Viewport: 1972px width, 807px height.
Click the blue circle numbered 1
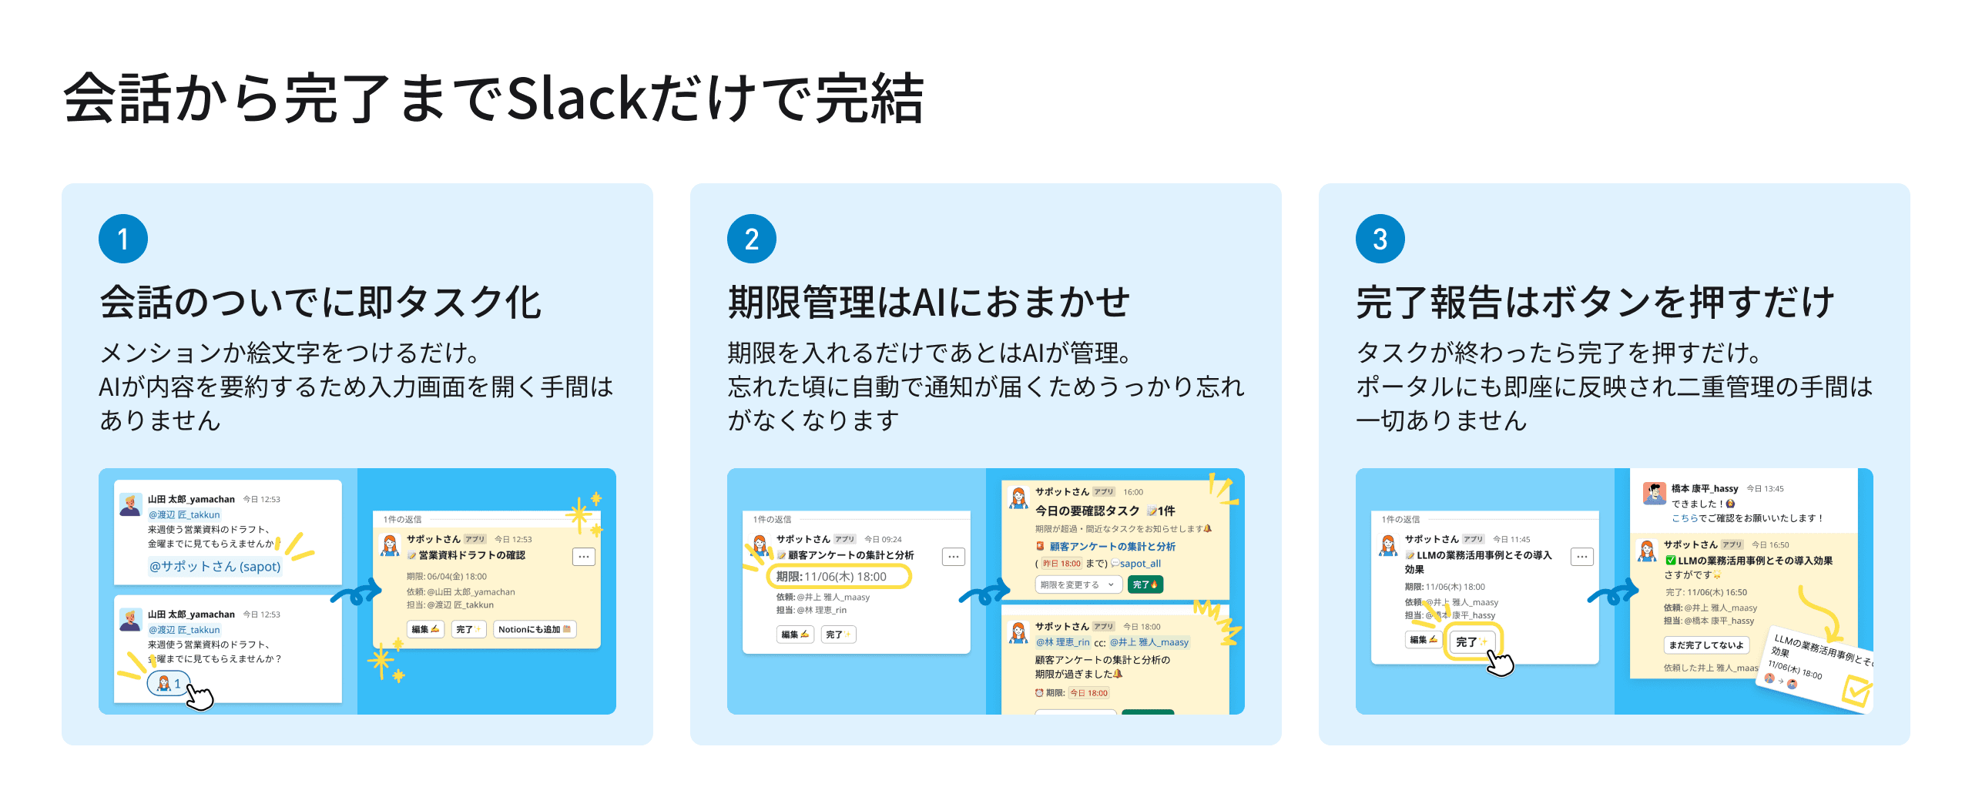click(x=123, y=239)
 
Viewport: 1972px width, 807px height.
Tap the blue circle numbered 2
click(x=752, y=239)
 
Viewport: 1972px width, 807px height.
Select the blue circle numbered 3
click(x=1380, y=239)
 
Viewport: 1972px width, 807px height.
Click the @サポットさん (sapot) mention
click(x=215, y=566)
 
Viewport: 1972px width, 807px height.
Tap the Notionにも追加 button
click(x=535, y=629)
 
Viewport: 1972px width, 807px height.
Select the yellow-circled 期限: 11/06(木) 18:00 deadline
click(x=839, y=576)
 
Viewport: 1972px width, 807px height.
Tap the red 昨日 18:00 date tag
click(x=1061, y=564)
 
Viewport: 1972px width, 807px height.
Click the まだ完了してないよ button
click(x=1706, y=645)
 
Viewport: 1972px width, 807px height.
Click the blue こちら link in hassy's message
click(x=1685, y=518)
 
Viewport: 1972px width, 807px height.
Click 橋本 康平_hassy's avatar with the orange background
click(x=1654, y=492)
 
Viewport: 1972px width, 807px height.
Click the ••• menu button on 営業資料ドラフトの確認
click(x=584, y=556)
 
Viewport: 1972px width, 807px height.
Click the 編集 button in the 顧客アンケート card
click(x=795, y=635)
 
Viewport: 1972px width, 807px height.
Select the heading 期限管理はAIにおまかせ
click(x=928, y=302)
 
